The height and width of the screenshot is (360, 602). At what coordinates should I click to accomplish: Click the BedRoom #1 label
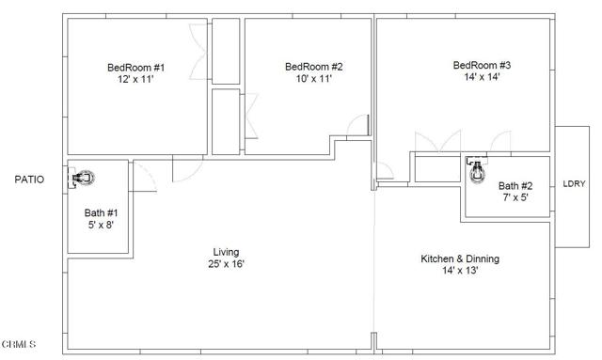[136, 67]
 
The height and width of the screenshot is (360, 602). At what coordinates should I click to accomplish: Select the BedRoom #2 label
[313, 67]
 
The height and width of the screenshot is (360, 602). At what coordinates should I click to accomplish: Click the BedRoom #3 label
[482, 65]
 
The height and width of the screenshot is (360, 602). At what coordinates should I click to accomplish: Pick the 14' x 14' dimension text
[482, 77]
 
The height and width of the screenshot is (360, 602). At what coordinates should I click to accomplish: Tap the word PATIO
[28, 179]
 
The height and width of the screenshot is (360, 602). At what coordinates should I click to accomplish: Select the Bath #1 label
[101, 212]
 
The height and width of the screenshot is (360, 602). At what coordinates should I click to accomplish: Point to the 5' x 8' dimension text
[101, 225]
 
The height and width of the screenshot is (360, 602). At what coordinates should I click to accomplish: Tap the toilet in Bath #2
[477, 171]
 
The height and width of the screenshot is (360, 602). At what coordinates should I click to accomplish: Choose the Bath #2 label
[515, 185]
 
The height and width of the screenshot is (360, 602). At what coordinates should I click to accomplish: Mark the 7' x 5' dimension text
[515, 197]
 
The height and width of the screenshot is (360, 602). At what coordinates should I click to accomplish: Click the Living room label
[226, 252]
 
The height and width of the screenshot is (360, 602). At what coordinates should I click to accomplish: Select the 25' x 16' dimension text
[226, 264]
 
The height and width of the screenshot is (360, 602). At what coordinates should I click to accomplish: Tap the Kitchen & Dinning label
[460, 258]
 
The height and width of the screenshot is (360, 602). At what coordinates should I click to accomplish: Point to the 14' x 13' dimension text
[460, 271]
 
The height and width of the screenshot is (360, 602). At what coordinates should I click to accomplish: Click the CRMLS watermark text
[19, 344]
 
